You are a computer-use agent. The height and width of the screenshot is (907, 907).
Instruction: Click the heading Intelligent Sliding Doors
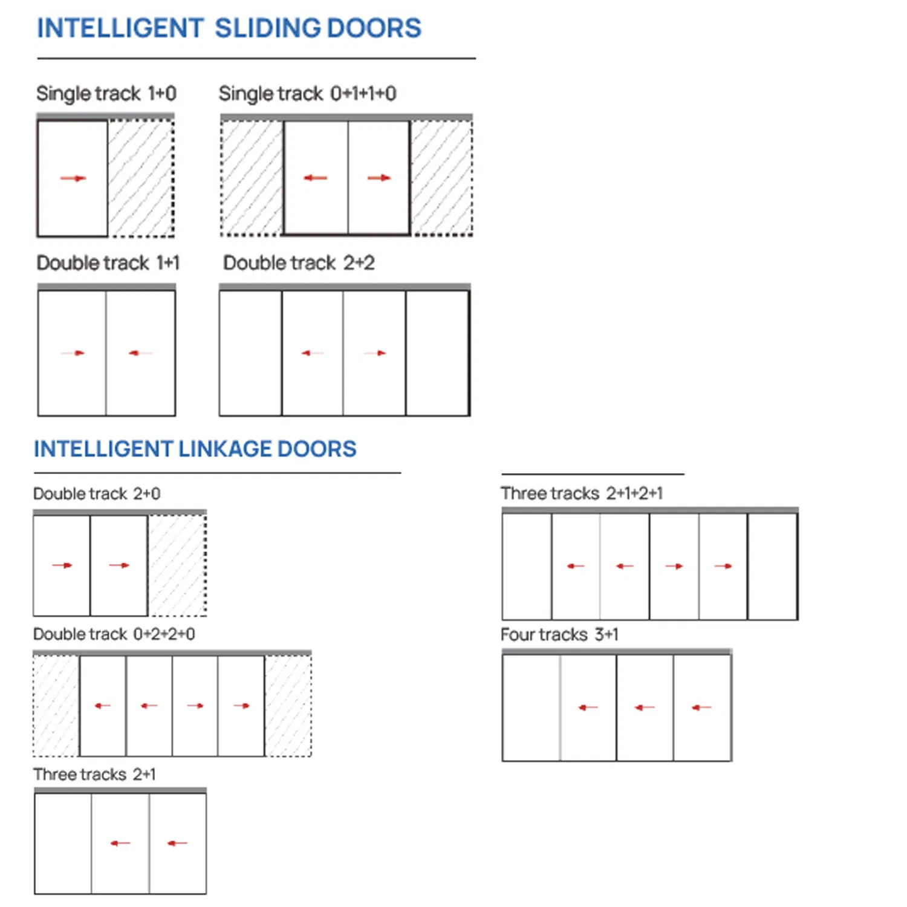pos(229,28)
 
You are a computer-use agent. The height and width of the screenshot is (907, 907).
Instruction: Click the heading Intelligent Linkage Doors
pos(195,449)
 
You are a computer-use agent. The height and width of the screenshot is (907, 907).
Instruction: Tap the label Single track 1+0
pos(106,94)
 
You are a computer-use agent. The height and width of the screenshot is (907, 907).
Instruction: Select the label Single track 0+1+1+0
pos(307,94)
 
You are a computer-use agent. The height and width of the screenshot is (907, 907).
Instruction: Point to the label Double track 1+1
pos(108,263)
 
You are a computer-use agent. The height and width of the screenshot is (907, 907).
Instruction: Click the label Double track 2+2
pos(299,263)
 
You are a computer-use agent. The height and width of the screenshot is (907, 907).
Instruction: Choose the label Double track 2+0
pos(97,493)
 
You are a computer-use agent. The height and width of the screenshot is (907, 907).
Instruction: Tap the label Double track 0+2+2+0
pos(114,634)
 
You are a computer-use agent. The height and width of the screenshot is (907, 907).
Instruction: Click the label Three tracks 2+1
pos(94,774)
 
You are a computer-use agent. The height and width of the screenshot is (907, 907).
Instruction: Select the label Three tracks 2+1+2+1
pos(582,493)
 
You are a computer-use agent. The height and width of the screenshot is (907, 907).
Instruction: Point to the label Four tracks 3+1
pos(559,634)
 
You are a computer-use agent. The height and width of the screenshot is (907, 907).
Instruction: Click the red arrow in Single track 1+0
pos(73,178)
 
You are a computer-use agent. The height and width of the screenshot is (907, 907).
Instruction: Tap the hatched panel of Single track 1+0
pos(141,178)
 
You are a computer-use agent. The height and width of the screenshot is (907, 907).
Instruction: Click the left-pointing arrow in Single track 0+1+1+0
pos(315,178)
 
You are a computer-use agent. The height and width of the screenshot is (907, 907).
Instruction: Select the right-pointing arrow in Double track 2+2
pos(375,353)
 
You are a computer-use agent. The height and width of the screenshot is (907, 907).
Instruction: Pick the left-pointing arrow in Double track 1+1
pos(140,353)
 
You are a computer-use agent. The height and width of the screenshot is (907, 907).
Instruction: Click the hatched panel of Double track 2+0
pos(177,565)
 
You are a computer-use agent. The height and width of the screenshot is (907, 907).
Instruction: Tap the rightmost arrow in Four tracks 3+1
pos(701,707)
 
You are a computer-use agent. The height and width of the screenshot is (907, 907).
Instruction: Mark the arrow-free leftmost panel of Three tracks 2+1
pos(63,843)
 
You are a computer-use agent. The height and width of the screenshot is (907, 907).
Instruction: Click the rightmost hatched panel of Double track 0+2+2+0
pos(288,706)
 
